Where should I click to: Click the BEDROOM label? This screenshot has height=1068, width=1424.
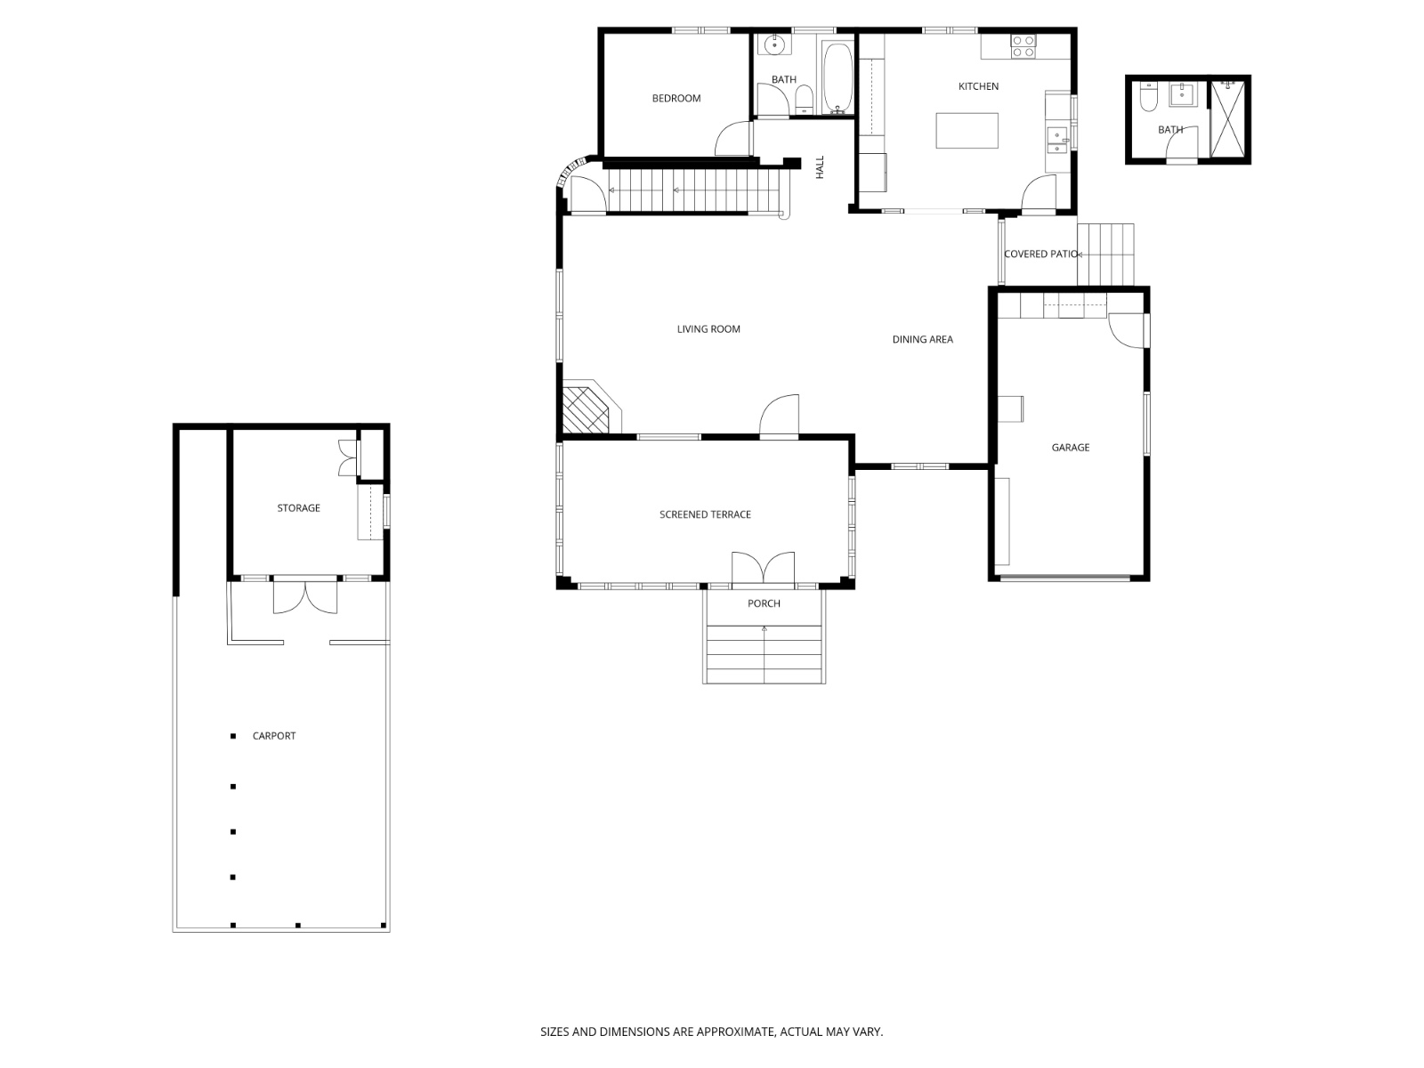pos(676,99)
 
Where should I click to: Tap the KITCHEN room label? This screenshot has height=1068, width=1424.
pos(978,86)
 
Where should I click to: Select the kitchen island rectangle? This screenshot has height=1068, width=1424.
pos(967,130)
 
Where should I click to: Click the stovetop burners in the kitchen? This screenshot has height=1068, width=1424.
pos(1023,46)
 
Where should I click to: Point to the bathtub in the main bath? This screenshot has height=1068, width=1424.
pos(837,77)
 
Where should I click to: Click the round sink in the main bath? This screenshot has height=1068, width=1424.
pos(773,45)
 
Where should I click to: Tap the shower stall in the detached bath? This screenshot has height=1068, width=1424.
pos(1228,119)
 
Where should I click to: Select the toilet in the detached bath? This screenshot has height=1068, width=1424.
pos(1148,96)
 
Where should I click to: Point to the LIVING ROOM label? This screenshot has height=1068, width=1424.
pos(708,329)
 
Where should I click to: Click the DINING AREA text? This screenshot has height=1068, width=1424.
pos(923,339)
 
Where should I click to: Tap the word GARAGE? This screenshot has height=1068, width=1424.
pos(1071,448)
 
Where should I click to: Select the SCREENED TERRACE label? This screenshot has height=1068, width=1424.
pos(705,515)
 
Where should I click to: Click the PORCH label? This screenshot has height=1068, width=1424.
pos(764,603)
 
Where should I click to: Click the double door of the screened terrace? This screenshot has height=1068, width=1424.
pos(763,568)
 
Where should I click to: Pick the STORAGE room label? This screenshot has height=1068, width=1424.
pos(298,508)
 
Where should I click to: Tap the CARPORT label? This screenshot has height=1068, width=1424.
pos(274,736)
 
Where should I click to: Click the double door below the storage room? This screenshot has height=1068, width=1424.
pos(305,596)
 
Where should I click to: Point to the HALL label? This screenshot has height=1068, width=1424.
pos(820,167)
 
